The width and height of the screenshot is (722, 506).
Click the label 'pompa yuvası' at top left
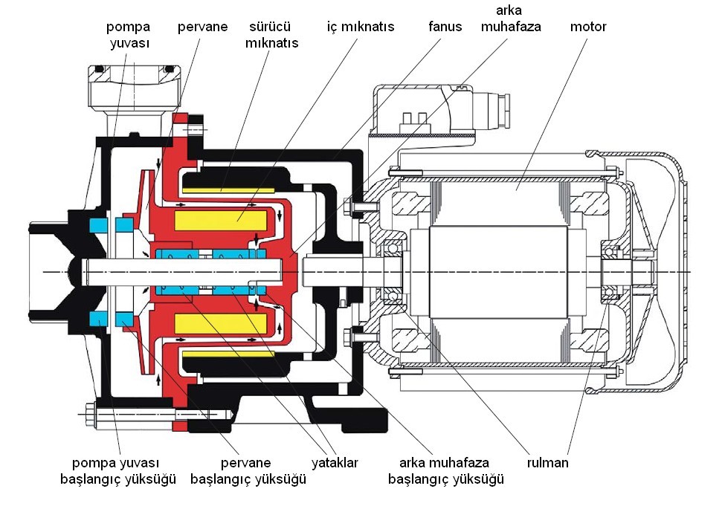128,35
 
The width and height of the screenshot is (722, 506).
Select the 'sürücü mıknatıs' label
273,35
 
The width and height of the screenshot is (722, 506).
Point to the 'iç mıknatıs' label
361,27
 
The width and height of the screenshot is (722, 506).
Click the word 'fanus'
445,27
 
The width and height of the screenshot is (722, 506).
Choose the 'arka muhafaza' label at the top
510,19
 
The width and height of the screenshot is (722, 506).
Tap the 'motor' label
588,27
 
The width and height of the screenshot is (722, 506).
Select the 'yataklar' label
335,463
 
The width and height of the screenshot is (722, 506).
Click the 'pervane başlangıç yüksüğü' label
248,471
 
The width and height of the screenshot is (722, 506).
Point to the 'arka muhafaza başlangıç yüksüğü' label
446,471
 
